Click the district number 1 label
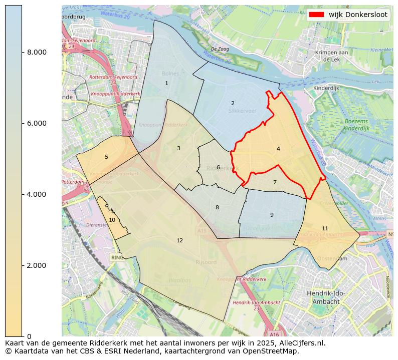tap(166, 84)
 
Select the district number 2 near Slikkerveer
tap(233, 104)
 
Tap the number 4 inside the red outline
tap(278, 149)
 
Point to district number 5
tap(106, 157)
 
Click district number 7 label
tap(275, 183)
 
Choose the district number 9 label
tap(272, 215)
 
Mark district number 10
tap(112, 220)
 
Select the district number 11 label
tap(325, 228)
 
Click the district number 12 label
tap(179, 241)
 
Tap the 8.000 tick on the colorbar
tap(37, 52)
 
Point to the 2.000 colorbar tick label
tap(37, 265)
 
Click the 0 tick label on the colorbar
tap(29, 336)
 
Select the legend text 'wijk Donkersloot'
tap(358, 15)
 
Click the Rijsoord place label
tap(206, 262)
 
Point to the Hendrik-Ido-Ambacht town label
tap(326, 297)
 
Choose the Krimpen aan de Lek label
tap(331, 56)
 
